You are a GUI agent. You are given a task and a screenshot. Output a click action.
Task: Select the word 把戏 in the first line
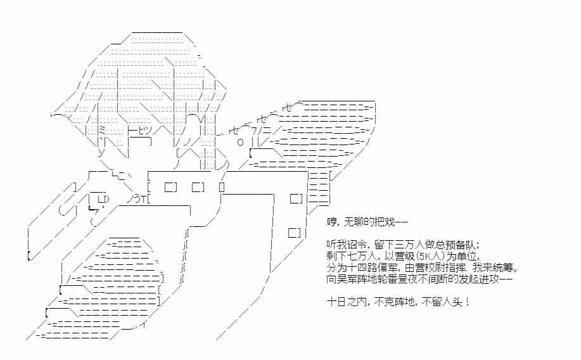[388, 222]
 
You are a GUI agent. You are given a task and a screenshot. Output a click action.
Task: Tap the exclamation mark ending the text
[467, 302]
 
